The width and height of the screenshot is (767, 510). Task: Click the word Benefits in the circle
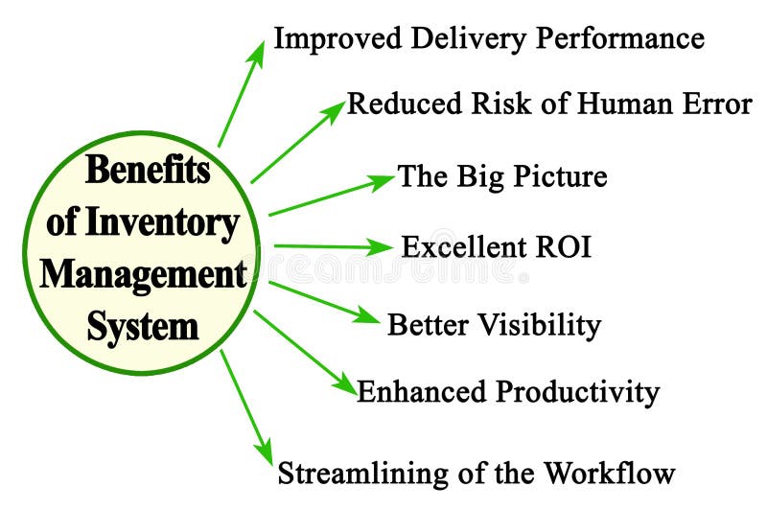[x=148, y=170]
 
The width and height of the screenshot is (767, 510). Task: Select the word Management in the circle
[x=144, y=274]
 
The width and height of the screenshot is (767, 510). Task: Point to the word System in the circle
[x=143, y=326]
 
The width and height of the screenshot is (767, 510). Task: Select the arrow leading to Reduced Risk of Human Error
[x=297, y=141]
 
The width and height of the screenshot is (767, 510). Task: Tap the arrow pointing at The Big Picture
[x=331, y=195]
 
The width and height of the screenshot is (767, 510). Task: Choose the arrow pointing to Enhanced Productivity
[x=305, y=351]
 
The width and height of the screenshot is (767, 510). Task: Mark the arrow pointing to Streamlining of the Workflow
[x=246, y=406]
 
